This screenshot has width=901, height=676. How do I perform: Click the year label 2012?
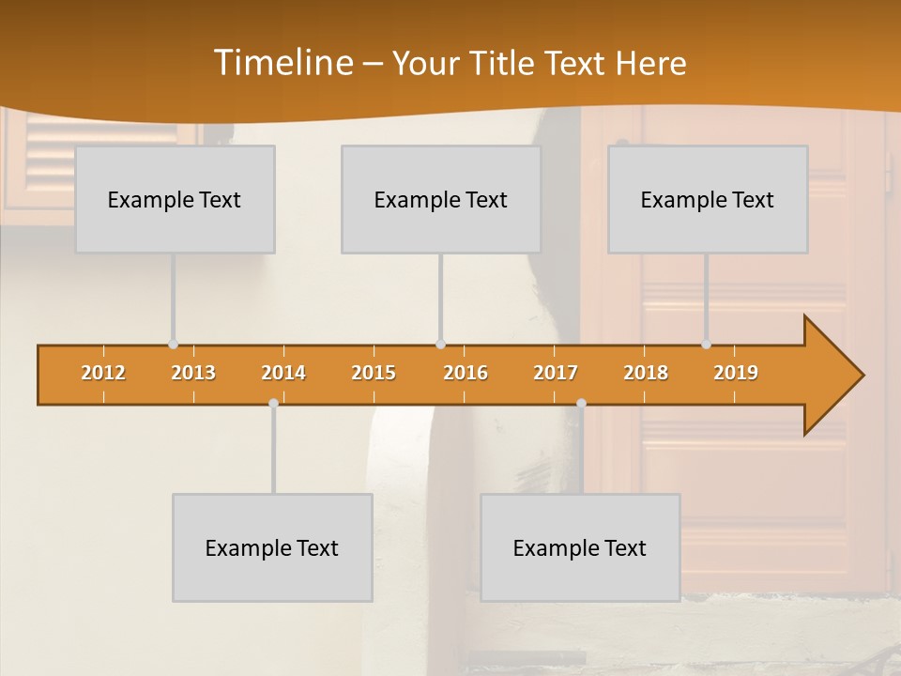(103, 373)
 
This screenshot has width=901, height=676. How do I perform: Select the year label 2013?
(193, 373)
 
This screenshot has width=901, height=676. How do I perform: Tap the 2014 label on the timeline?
(283, 373)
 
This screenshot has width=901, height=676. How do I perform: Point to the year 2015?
(374, 373)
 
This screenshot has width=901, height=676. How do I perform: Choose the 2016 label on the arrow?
(466, 373)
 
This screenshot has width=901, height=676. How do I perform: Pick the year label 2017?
(556, 373)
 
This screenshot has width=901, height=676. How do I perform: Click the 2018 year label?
(646, 373)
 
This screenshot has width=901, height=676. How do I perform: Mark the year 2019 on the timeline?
(736, 373)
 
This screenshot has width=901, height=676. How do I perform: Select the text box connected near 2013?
(175, 199)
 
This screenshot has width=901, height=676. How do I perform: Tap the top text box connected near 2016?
(441, 199)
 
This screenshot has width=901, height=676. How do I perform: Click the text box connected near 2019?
(708, 199)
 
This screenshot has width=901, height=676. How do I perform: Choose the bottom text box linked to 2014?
(272, 547)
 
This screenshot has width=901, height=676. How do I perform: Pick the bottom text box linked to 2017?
(580, 547)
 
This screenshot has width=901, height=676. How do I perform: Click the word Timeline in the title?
(282, 63)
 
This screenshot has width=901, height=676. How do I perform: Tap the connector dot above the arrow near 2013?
(173, 345)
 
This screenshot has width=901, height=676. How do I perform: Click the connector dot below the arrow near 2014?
(273, 403)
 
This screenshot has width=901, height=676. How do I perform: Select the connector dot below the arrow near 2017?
(581, 403)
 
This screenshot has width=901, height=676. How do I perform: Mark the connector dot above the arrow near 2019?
(706, 345)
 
